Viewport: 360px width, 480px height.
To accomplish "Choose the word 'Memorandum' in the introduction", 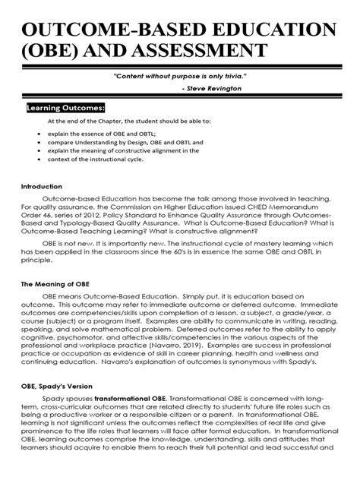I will pos(308,206).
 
